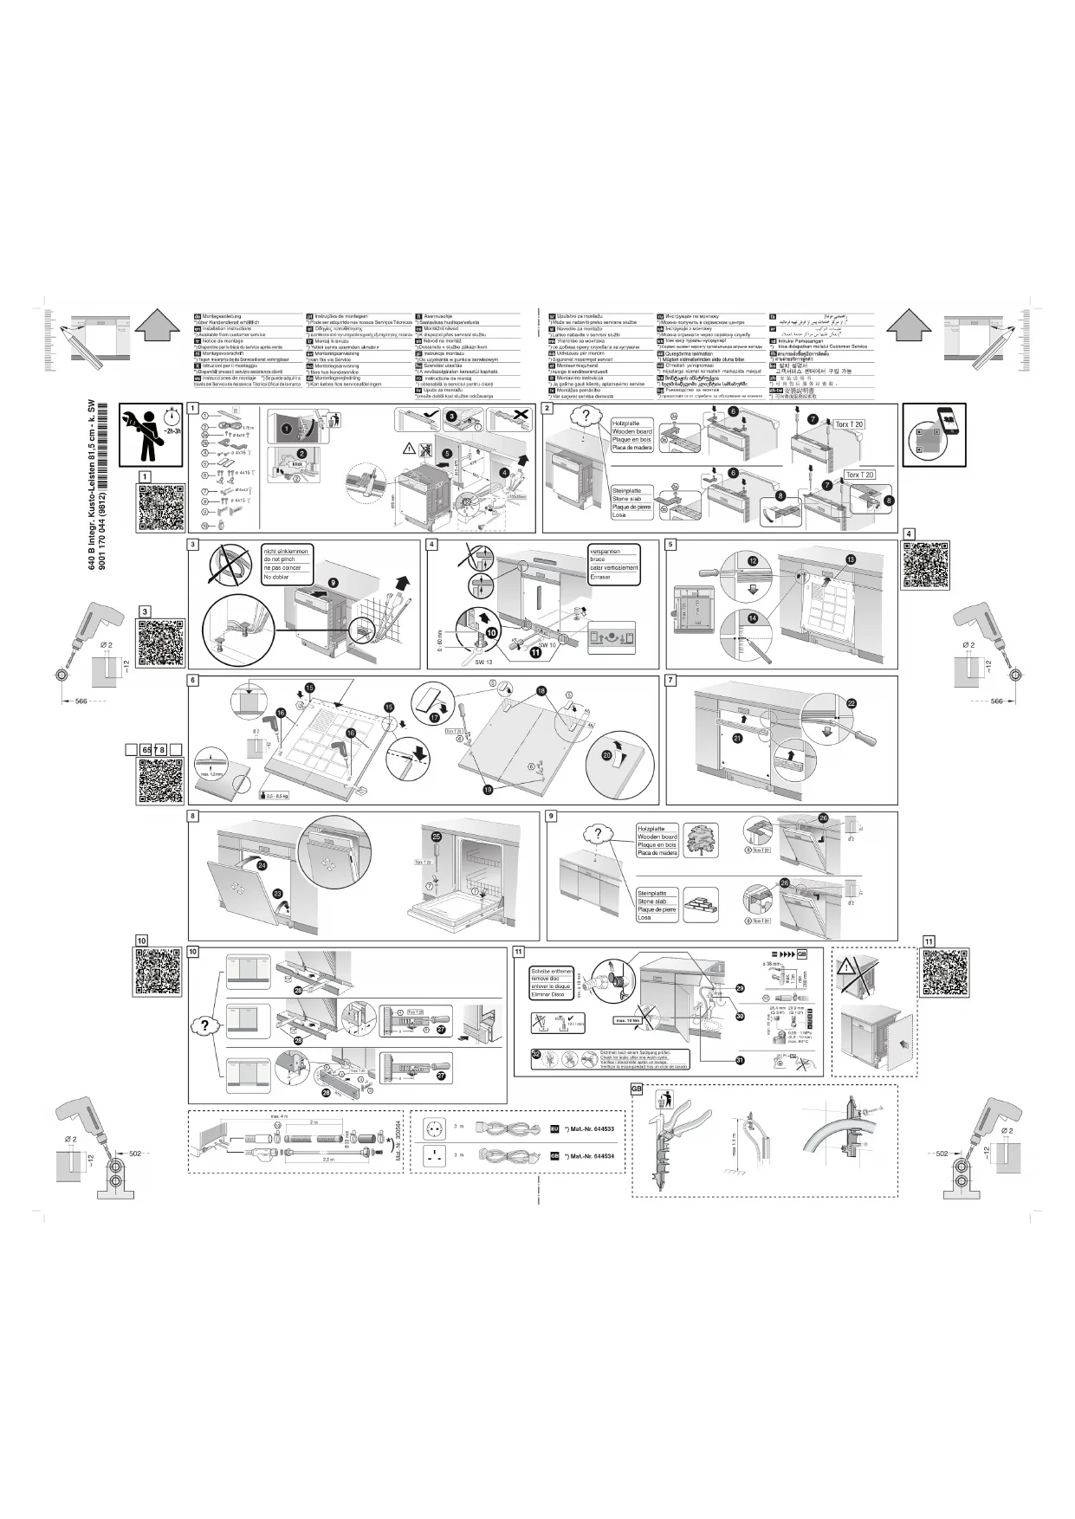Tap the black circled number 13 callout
(851, 560)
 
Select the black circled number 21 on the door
(737, 738)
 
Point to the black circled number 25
(437, 837)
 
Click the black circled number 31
(739, 1060)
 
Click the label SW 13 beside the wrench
(483, 661)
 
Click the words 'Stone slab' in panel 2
(627, 499)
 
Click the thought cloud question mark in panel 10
(204, 1025)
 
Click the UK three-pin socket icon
(433, 1155)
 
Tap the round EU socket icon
(433, 1128)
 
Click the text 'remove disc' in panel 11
(551, 979)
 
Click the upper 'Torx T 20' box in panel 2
(848, 424)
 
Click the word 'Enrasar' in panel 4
(601, 577)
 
